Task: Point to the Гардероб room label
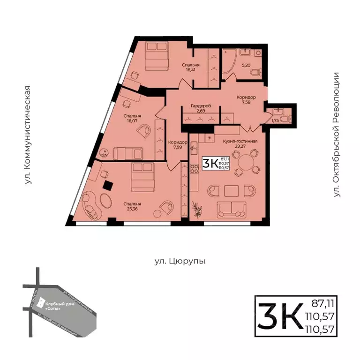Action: (201, 106)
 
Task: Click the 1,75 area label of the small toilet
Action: (276, 120)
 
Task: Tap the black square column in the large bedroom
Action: (108, 185)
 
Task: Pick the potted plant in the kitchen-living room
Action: (199, 209)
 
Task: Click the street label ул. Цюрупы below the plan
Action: (180, 261)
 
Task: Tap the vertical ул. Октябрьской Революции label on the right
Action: (336, 137)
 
